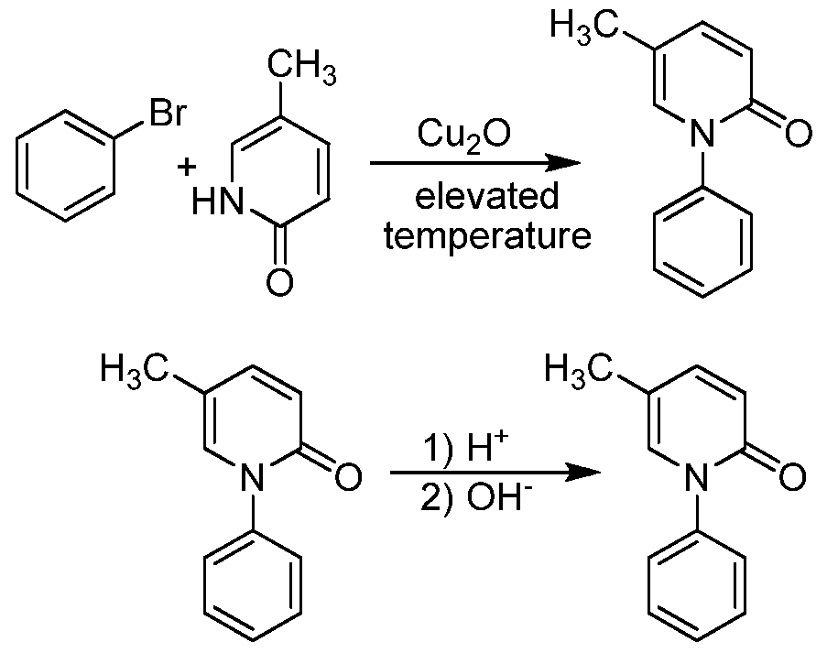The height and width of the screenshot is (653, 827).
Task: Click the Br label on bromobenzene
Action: coord(169,112)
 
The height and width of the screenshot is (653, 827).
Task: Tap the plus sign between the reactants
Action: coord(187,169)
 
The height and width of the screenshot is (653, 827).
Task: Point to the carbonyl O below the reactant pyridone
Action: coord(279,283)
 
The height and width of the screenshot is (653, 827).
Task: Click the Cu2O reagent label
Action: coord(463,136)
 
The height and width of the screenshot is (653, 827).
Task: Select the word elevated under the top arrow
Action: coord(486,196)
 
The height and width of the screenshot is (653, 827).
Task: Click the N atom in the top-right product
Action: coord(702,133)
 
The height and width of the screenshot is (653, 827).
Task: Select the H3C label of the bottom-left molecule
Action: coord(135,369)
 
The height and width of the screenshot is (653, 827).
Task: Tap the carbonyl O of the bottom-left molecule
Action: coord(349,476)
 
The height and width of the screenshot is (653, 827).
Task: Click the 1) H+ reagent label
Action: coord(466,449)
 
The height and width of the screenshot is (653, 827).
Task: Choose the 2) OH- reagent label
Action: coord(473,498)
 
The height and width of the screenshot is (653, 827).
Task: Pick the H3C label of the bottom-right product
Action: coord(578,369)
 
